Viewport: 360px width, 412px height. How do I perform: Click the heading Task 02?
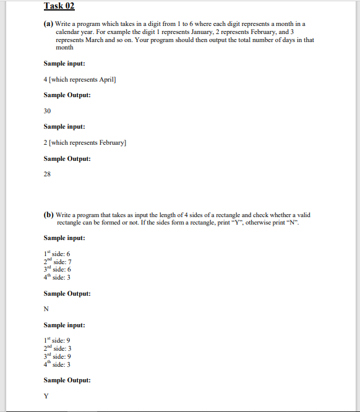point(59,6)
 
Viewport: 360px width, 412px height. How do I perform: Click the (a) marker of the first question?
point(48,23)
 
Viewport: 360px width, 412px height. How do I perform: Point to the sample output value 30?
point(47,111)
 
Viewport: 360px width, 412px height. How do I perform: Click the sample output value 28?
point(47,174)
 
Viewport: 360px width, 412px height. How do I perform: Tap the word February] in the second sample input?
point(113,143)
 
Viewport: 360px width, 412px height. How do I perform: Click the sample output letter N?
point(46,309)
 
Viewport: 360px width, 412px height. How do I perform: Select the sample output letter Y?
point(46,396)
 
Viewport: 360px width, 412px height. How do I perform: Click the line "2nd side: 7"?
point(58,262)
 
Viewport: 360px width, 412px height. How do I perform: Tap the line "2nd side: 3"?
point(58,348)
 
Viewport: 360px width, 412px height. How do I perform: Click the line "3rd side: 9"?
point(58,356)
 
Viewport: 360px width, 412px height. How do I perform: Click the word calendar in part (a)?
point(67,31)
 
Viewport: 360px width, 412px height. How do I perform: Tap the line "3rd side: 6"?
point(58,270)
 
